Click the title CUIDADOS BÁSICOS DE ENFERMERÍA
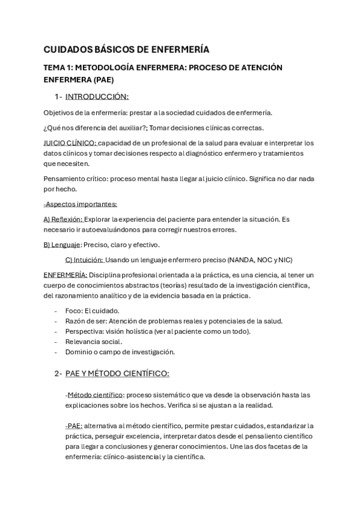(x=126, y=49)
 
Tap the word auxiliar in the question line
(x=131, y=127)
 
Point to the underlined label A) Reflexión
(x=63, y=220)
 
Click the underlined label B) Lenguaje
(x=62, y=245)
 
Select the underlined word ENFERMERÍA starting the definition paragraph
(x=66, y=275)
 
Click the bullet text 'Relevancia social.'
(x=93, y=342)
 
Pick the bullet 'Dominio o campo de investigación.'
(x=120, y=352)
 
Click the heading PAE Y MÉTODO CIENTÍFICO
(x=117, y=373)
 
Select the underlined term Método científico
(x=94, y=395)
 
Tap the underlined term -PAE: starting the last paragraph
(x=74, y=426)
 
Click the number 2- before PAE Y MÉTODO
(x=58, y=373)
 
